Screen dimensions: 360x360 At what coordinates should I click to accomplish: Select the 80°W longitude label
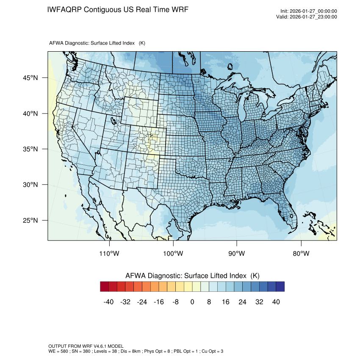point(301,254)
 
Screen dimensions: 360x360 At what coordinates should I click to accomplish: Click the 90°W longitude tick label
point(237,254)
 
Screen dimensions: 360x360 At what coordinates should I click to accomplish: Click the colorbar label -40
point(109,302)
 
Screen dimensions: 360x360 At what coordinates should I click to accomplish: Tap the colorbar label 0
point(192,302)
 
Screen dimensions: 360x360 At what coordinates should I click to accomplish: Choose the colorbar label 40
point(276,302)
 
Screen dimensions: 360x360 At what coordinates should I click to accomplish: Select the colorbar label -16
point(159,302)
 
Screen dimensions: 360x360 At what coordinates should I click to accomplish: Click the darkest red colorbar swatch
point(105,287)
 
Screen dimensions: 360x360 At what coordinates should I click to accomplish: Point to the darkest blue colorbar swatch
point(280,287)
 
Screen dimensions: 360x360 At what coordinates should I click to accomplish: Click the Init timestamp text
point(309,11)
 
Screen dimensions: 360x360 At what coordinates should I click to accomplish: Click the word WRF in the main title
point(180,9)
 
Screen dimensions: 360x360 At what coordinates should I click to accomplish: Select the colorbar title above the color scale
point(192,276)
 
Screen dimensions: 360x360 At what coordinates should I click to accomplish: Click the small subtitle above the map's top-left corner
point(97,43)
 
